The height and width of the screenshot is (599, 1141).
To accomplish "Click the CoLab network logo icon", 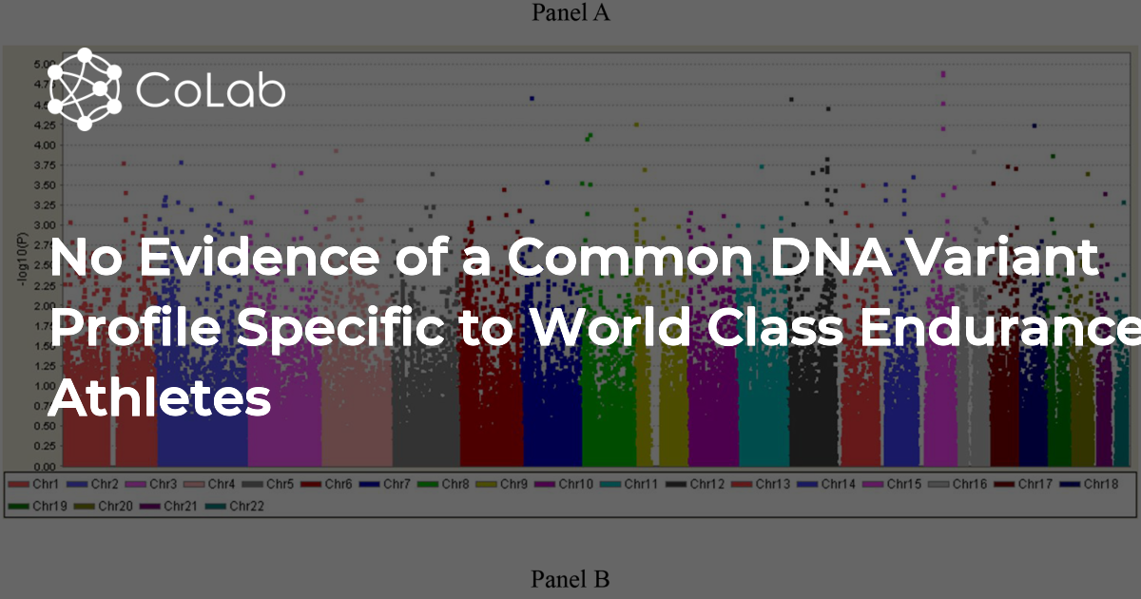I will pos(85,88).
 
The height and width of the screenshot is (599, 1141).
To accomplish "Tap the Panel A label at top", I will pos(570,12).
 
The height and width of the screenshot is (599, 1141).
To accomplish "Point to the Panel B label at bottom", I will pos(570,578).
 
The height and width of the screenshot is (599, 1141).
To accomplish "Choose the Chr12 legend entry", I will pos(699,485).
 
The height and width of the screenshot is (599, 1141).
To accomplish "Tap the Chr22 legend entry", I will pos(238,507).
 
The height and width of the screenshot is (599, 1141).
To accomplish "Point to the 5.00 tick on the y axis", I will pos(44,65).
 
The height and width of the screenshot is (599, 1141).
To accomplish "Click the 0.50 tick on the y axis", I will pos(44,427).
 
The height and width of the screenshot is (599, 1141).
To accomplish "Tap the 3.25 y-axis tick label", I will pos(44,205).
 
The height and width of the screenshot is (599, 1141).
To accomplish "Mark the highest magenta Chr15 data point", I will pos(943,73).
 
